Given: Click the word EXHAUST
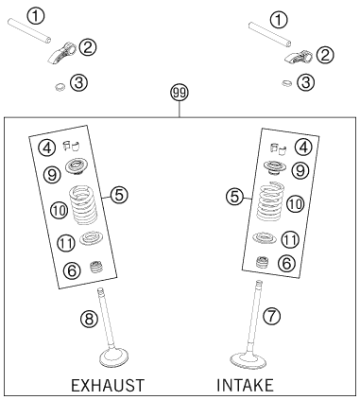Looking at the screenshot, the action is click(x=108, y=385).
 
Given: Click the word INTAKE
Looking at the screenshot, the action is click(x=245, y=385).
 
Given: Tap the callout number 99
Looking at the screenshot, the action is click(x=180, y=94).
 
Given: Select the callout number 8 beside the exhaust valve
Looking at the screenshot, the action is click(x=90, y=319).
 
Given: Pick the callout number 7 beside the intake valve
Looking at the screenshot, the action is click(x=271, y=316).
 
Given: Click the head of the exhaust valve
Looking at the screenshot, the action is click(x=113, y=357).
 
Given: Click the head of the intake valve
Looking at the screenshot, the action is click(x=249, y=360).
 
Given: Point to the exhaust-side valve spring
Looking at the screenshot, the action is click(x=83, y=205).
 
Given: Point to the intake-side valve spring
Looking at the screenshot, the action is click(x=269, y=201).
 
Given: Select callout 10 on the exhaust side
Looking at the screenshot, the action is click(x=60, y=211).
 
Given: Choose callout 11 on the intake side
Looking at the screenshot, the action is click(x=290, y=240).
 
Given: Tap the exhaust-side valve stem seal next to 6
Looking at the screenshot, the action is click(x=95, y=268).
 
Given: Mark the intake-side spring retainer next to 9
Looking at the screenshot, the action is click(x=273, y=168).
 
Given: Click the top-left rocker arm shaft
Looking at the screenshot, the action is click(x=29, y=30).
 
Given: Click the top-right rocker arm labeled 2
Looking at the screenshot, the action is click(x=299, y=56).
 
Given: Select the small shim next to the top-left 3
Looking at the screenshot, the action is click(x=60, y=86).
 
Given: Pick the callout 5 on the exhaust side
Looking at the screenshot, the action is click(x=119, y=195).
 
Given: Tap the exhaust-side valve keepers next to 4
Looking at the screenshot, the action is click(x=72, y=146).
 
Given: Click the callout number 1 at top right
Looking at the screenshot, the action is click(x=279, y=21).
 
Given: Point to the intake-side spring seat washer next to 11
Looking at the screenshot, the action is click(x=265, y=238).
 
